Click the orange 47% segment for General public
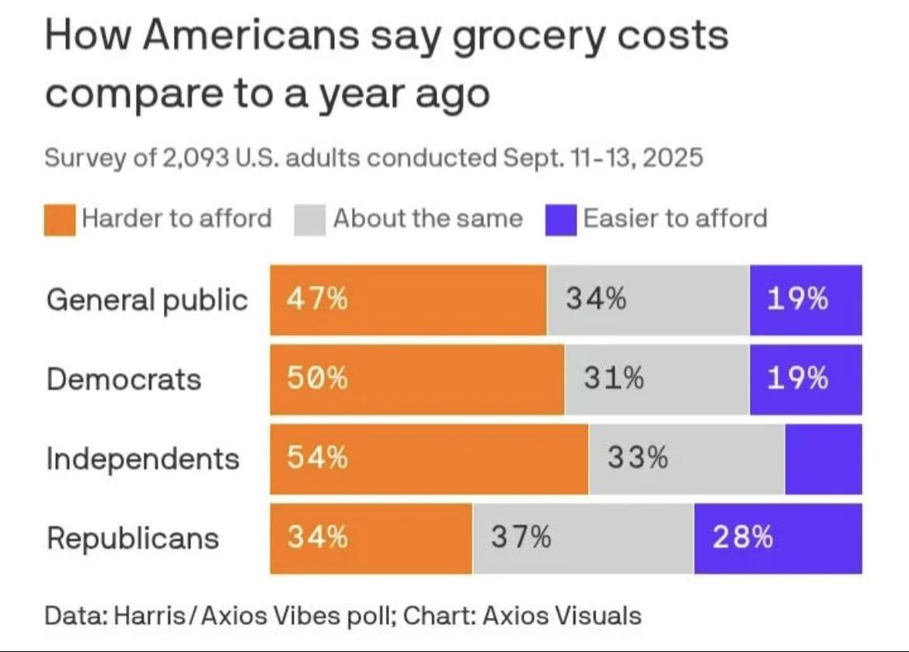click(x=408, y=300)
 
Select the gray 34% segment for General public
click(x=648, y=300)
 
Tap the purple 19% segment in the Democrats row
click(x=806, y=379)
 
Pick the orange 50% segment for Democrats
click(x=417, y=379)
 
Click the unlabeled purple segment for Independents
click(x=823, y=458)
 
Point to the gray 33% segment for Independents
click(x=686, y=458)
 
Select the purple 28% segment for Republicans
click(x=778, y=538)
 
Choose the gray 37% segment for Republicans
click(x=583, y=538)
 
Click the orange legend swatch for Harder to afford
click(x=60, y=219)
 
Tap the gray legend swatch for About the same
click(x=310, y=219)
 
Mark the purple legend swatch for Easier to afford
click(x=561, y=219)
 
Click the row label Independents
click(x=143, y=459)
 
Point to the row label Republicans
click(x=133, y=539)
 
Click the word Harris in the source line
click(x=148, y=616)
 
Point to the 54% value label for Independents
click(x=318, y=458)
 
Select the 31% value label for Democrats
click(x=615, y=379)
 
